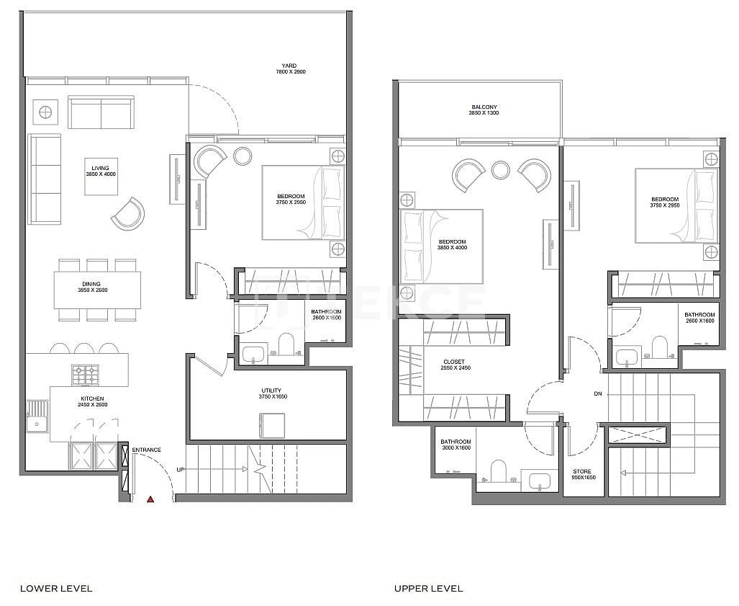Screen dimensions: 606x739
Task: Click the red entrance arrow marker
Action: (x=150, y=498)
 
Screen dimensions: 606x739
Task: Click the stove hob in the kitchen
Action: (x=85, y=375)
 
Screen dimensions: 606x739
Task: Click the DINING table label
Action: (x=91, y=287)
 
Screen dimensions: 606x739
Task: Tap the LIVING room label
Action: (x=100, y=171)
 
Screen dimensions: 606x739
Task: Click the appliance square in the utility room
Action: (x=272, y=424)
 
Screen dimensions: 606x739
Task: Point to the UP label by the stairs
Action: (x=181, y=470)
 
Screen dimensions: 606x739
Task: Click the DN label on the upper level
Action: (x=597, y=394)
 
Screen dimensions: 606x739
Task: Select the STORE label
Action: (x=583, y=473)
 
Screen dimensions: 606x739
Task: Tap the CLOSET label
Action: (x=454, y=365)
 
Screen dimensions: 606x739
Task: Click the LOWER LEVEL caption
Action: (x=56, y=589)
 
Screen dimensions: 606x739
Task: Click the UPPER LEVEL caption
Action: (x=428, y=589)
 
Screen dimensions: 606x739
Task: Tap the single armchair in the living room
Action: (x=128, y=213)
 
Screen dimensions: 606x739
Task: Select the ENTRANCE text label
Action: (x=146, y=450)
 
